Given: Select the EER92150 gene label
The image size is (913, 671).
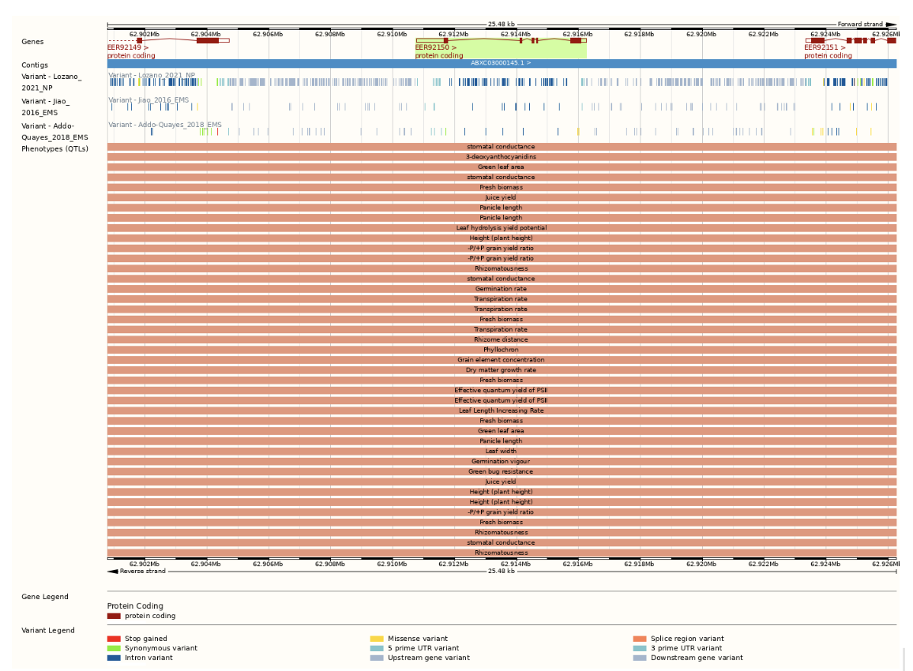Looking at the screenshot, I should click(x=434, y=47).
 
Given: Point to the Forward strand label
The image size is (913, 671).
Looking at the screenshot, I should click(x=860, y=24).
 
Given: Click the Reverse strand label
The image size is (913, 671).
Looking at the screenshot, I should click(x=142, y=571).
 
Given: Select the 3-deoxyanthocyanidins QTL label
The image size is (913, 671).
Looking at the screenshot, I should click(x=501, y=156).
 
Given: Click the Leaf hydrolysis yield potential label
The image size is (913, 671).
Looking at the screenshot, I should click(x=501, y=227).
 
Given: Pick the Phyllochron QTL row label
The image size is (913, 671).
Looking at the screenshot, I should click(x=501, y=350).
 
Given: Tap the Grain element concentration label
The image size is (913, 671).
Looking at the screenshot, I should click(x=501, y=360).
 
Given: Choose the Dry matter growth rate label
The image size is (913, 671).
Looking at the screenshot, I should click(x=501, y=369).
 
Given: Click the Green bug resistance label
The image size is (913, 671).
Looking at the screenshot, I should click(x=501, y=471).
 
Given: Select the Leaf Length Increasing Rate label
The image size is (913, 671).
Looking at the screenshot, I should click(x=501, y=410).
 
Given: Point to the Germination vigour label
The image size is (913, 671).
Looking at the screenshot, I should click(x=501, y=461).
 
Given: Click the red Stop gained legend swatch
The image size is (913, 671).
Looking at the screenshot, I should click(x=114, y=639).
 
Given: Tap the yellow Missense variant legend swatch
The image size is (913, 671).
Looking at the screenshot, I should click(x=377, y=639).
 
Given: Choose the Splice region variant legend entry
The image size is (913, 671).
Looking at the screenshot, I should click(x=686, y=639).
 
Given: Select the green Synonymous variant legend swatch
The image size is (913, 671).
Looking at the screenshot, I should click(x=114, y=648).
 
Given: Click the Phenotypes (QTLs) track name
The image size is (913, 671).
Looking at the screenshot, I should click(x=54, y=148).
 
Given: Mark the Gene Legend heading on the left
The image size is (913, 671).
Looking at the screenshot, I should click(x=44, y=597).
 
